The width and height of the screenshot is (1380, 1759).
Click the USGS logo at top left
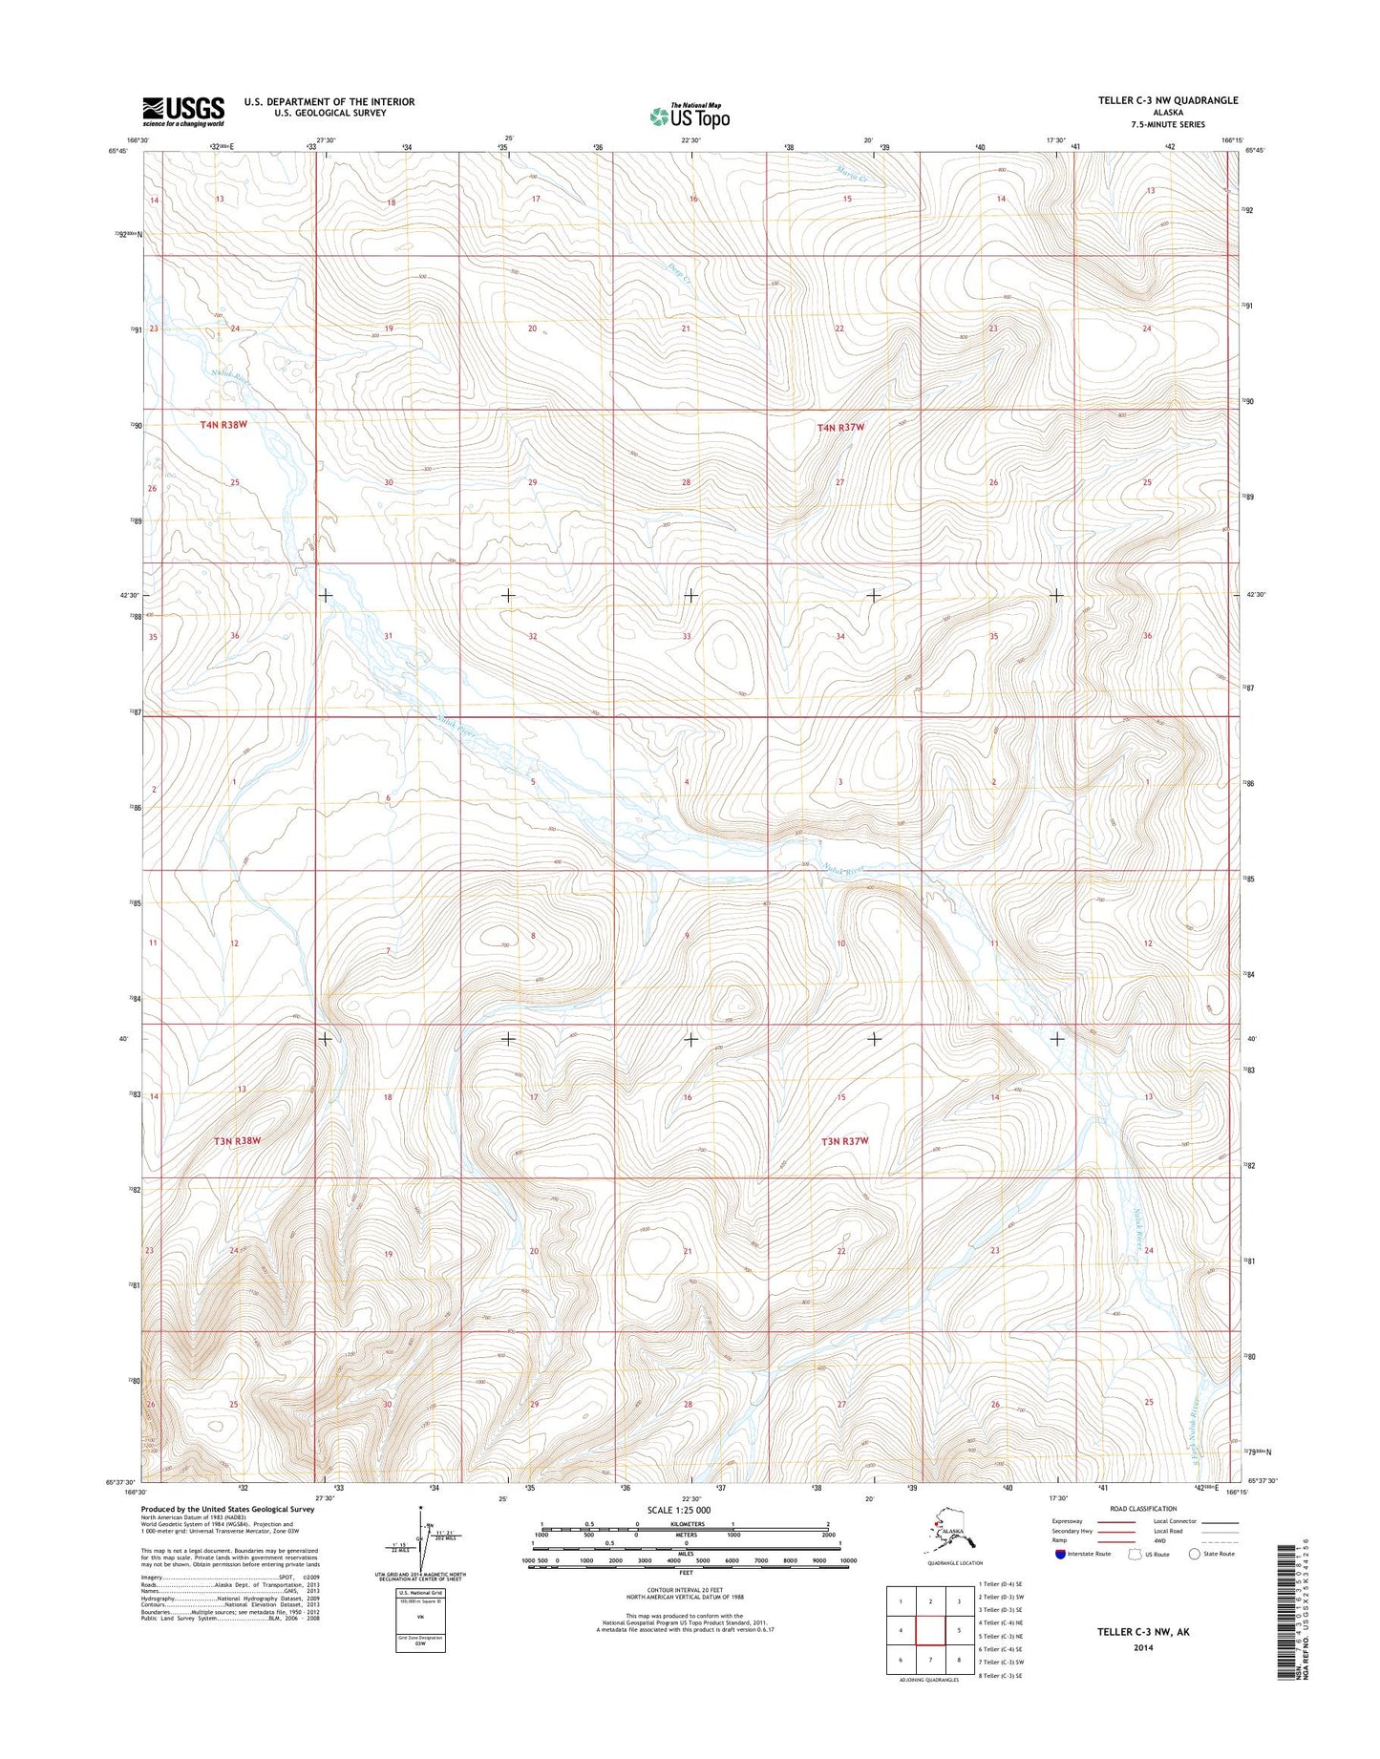[x=183, y=111]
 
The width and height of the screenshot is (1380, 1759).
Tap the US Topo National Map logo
[x=690, y=116]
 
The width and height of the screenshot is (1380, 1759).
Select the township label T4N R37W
[x=840, y=427]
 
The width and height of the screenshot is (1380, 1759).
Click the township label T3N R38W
[x=237, y=1140]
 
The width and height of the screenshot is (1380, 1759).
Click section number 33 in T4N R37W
[x=686, y=636]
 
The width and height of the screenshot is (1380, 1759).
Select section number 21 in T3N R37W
[x=688, y=1251]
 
